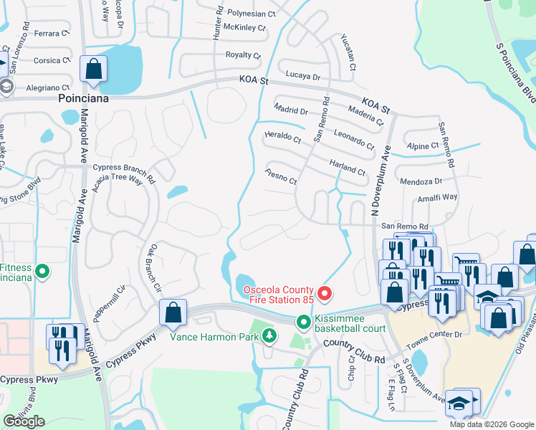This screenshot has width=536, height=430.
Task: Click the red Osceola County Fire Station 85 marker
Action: click(324, 294)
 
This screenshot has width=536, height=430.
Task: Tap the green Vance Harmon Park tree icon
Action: click(269, 335)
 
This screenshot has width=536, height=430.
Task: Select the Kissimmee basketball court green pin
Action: click(304, 322)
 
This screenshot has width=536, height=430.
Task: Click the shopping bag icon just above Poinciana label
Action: click(93, 70)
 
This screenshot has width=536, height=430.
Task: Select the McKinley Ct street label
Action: click(244, 28)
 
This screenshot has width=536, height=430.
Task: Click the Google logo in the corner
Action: click(24, 421)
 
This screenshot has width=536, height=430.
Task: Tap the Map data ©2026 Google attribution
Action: click(492, 424)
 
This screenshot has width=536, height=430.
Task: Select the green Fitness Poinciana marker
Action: click(42, 272)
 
